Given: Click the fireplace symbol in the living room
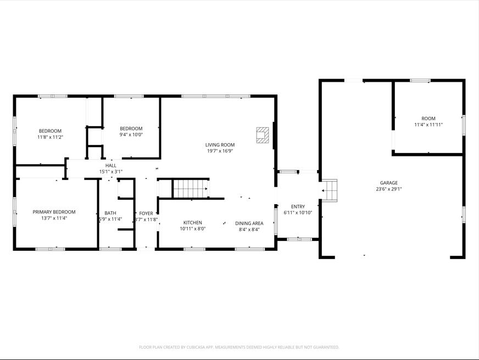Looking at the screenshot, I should click(x=263, y=136).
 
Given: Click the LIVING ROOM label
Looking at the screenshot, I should click(x=220, y=145).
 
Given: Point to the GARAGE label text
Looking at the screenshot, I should click(x=388, y=183).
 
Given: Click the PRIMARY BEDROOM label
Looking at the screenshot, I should click(x=54, y=212).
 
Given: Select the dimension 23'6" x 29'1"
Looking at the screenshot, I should click(x=388, y=189).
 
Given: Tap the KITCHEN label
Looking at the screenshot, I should click(x=192, y=223).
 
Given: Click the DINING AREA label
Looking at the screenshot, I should click(x=249, y=223).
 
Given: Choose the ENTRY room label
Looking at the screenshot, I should click(x=298, y=207).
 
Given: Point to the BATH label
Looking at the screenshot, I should click(x=110, y=213).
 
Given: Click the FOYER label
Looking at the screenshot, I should click(x=146, y=213).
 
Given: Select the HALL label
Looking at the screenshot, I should click(x=111, y=165).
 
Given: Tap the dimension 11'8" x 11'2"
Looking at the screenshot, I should click(x=50, y=137).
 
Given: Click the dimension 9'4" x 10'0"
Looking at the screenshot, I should click(x=131, y=134).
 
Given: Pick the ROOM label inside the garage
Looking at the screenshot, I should click(x=428, y=119).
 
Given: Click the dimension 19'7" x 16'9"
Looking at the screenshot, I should click(x=220, y=151).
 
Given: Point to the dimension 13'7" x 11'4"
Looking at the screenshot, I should click(x=54, y=218).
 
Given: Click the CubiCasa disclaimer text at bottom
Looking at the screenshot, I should click(x=239, y=347).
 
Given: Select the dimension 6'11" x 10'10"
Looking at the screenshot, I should click(x=298, y=213).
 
